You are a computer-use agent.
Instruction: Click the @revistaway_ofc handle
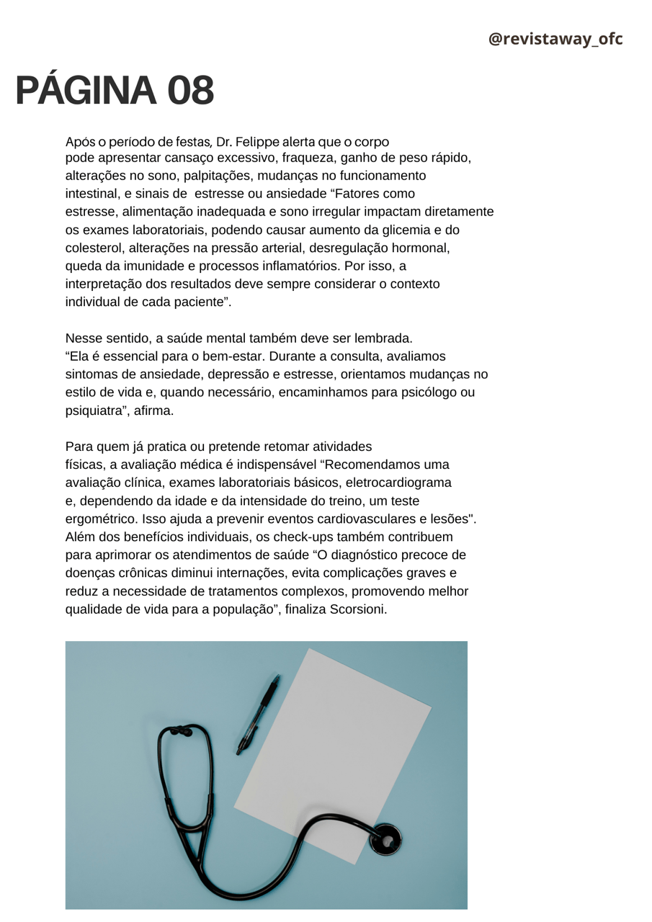[555, 40]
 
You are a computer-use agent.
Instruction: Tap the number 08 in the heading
[191, 91]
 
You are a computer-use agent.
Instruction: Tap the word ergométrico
[101, 519]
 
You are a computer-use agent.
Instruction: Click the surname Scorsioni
[358, 609]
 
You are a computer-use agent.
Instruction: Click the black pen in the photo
[258, 714]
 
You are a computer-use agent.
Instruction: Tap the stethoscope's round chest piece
[385, 840]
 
